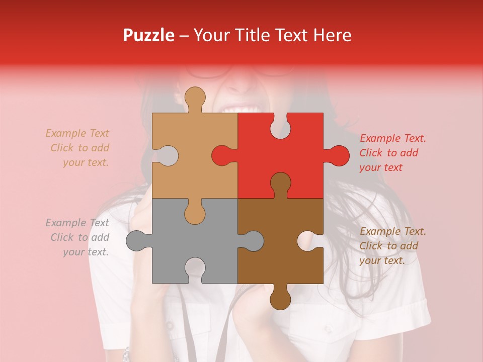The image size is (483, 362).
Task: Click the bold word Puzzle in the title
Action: coord(149,35)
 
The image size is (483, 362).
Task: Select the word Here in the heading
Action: coord(332,35)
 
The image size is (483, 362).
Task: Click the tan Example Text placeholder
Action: coord(78,148)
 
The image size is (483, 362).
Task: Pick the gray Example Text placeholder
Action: coord(78,237)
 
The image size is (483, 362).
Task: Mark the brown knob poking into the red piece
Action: coord(280,183)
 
